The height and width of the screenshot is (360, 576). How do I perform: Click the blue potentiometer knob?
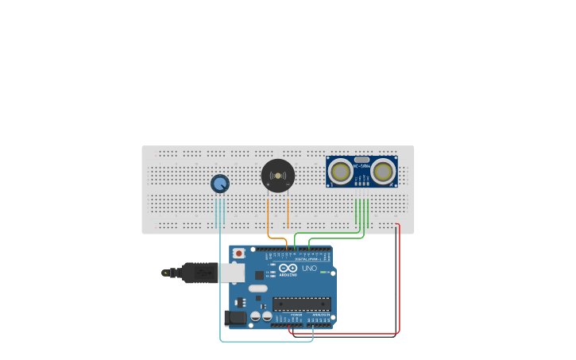[219, 184]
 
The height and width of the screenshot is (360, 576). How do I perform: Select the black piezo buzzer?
[277, 176]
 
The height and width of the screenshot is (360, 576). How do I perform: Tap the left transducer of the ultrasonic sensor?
[342, 171]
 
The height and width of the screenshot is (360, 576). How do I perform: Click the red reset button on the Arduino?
[238, 254]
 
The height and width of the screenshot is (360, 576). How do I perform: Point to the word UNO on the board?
[309, 269]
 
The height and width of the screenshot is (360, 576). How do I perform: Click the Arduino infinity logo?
[288, 269]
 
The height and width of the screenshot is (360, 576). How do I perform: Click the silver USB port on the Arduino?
[232, 273]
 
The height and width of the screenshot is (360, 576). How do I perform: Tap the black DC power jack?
[236, 318]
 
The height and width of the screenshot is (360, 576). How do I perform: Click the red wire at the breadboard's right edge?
[398, 278]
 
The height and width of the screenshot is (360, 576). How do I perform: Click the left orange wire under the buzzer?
[269, 213]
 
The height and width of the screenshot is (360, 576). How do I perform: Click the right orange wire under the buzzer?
[288, 213]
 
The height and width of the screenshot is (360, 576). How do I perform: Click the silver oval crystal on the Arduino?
[258, 288]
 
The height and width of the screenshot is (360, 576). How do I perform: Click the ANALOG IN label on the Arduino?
[322, 315]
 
